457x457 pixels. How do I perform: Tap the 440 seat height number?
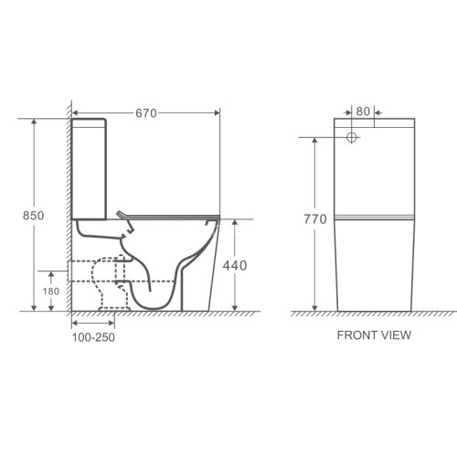point(235,265)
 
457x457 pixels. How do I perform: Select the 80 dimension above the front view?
point(364,112)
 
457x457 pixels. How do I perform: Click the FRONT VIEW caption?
point(374,335)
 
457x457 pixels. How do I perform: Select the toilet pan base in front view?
point(374,270)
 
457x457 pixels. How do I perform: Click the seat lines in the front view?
point(374,219)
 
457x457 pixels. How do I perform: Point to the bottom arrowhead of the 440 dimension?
point(235,307)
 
